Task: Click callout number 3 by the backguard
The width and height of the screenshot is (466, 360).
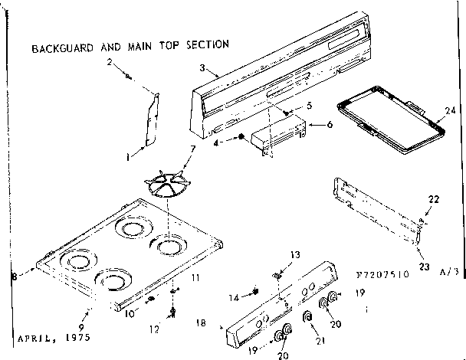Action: pyautogui.click(x=202, y=68)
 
